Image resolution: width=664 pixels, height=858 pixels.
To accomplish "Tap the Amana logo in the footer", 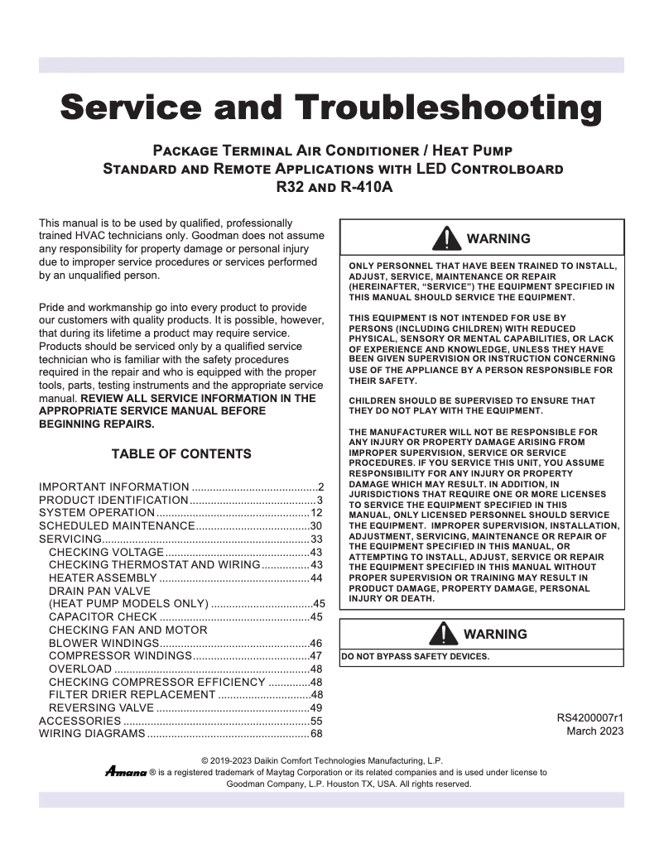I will (x=125, y=771).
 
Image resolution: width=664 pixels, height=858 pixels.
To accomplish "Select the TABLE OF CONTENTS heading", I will (x=181, y=453).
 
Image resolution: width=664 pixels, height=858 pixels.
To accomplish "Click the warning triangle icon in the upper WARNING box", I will (x=448, y=238).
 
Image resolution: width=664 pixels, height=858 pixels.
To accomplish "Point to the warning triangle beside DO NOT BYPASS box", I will (x=448, y=634).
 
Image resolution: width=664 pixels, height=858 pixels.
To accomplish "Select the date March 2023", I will (x=594, y=731).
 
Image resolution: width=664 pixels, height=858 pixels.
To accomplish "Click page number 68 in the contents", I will (x=315, y=733).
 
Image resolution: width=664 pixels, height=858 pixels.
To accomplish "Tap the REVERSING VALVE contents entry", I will (x=101, y=708).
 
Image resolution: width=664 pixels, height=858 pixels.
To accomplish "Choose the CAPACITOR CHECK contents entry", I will (x=103, y=616).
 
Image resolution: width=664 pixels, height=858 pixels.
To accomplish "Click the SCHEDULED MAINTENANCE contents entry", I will (x=116, y=526).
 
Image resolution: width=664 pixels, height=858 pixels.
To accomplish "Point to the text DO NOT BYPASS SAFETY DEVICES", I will (x=416, y=657).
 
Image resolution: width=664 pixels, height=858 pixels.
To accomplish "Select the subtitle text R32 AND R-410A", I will (x=333, y=187).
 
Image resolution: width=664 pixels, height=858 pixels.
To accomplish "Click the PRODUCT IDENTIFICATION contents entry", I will (x=113, y=500).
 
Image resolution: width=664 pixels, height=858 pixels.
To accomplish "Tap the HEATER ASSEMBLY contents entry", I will (x=102, y=578).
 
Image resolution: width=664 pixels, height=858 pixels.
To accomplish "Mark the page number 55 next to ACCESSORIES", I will (x=315, y=721).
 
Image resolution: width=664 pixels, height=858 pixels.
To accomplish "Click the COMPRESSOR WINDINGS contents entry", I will (x=120, y=655).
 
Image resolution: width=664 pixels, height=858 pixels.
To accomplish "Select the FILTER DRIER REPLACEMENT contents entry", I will (x=132, y=694).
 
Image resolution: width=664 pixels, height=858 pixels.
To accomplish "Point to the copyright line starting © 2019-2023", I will (x=322, y=760).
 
